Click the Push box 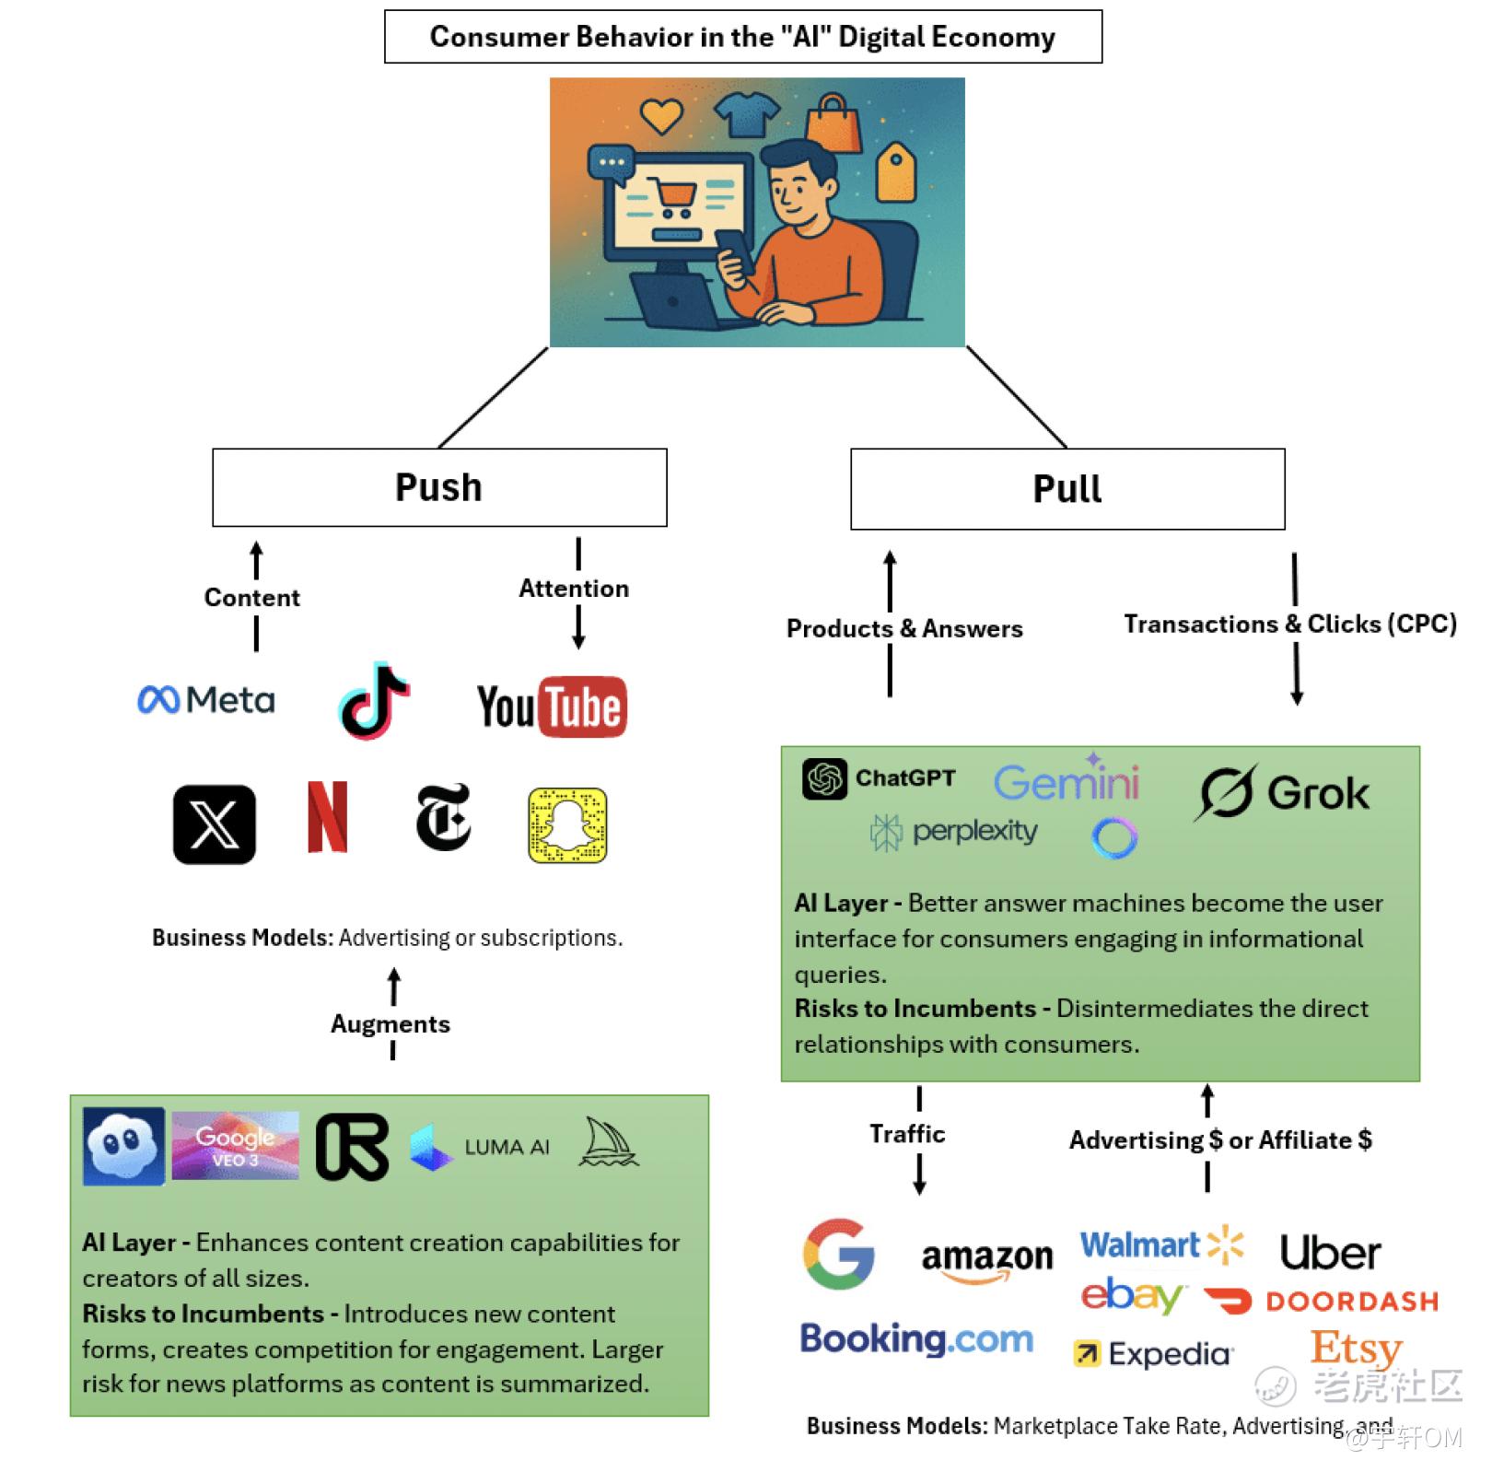[x=439, y=487]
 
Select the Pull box [x=1067, y=489]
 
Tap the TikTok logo [x=374, y=701]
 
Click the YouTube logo [x=552, y=707]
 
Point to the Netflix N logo [x=327, y=817]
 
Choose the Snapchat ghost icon [x=567, y=824]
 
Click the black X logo [x=215, y=824]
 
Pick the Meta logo [x=206, y=700]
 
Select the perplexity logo [x=954, y=832]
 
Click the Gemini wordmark [x=1067, y=781]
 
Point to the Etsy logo [x=1356, y=1349]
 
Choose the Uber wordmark [x=1330, y=1253]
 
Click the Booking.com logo [x=916, y=1338]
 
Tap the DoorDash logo [x=1321, y=1301]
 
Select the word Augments [x=390, y=1024]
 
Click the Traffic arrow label [x=907, y=1134]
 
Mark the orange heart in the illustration [x=661, y=116]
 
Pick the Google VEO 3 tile [x=235, y=1146]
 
